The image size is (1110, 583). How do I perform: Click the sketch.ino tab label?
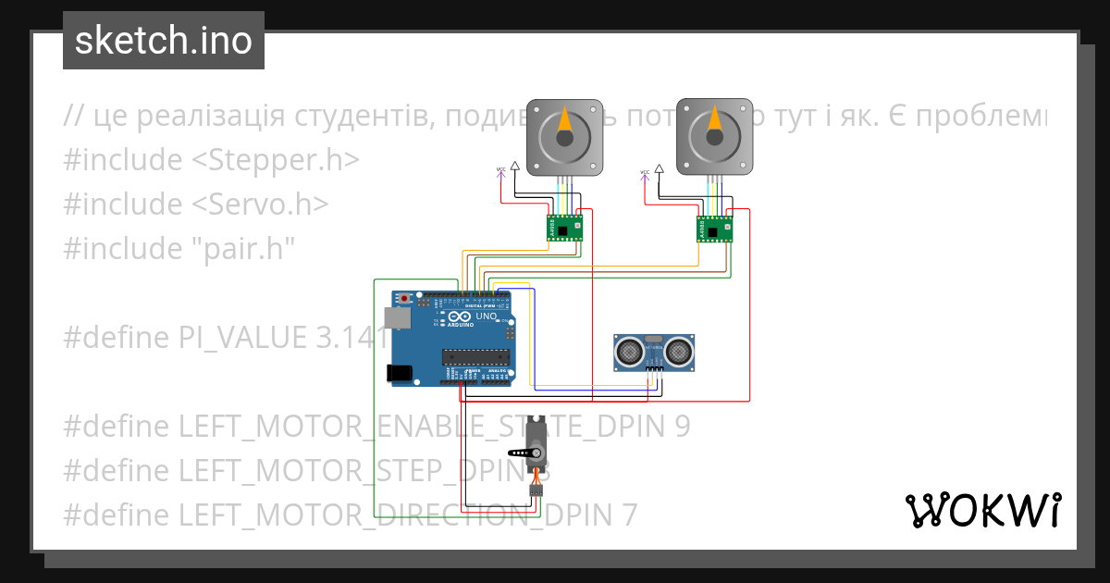[x=164, y=41]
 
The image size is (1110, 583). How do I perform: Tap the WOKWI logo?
[x=982, y=510]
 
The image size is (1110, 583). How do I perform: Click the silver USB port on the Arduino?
[x=399, y=318]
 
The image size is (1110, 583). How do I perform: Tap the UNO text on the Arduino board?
[x=487, y=317]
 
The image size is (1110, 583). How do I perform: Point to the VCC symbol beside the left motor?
[x=501, y=171]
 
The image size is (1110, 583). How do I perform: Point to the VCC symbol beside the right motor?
[x=644, y=173]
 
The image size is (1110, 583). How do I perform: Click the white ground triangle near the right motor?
[x=660, y=169]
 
